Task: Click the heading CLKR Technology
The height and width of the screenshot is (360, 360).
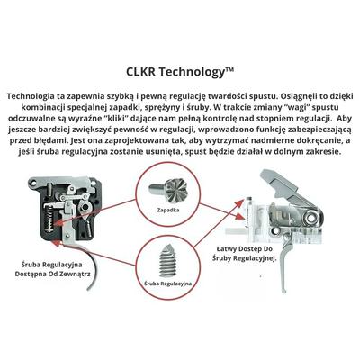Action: (x=180, y=72)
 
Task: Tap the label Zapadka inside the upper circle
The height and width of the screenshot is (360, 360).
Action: (x=168, y=210)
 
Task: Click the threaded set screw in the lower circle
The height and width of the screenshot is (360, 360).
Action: (x=168, y=259)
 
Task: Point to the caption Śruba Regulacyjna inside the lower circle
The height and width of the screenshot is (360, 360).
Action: (x=168, y=283)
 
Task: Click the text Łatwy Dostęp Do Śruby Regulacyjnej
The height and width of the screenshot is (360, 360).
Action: (x=244, y=253)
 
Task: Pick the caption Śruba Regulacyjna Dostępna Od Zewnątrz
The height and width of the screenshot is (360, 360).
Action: (x=53, y=269)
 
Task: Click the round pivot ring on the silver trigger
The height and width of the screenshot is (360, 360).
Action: (x=313, y=216)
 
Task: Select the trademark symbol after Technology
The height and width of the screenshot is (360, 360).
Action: (x=229, y=70)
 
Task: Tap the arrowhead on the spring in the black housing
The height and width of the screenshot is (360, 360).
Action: (x=57, y=223)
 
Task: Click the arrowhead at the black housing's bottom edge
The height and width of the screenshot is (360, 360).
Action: (x=57, y=242)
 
